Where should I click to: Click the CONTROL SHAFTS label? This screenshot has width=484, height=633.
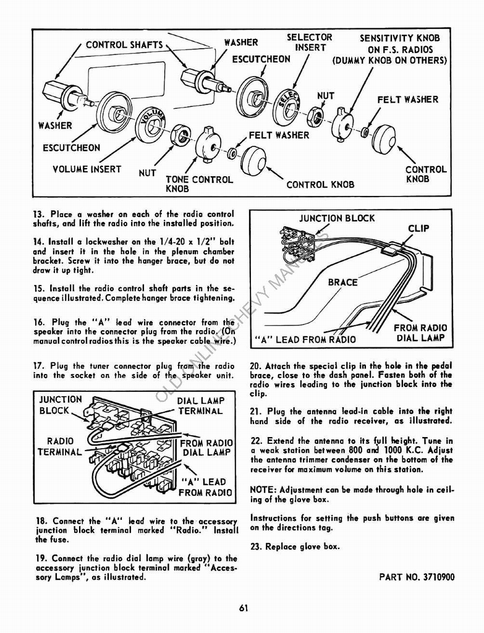tap(124, 45)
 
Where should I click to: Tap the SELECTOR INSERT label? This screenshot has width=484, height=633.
tap(309, 43)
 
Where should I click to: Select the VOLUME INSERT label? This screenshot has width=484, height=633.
tap(87, 169)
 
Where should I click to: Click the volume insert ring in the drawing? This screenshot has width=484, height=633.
tap(150, 124)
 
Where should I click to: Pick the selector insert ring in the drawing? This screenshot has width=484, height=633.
tap(287, 106)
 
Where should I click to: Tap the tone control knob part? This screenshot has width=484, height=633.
tap(208, 146)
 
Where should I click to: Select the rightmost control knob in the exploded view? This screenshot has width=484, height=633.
tap(383, 139)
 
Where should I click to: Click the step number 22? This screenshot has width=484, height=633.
tap(256, 441)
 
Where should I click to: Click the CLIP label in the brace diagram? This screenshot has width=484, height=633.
tap(418, 228)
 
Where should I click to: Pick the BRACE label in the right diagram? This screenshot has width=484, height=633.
tap(342, 283)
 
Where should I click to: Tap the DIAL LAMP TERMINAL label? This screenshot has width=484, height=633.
tap(200, 406)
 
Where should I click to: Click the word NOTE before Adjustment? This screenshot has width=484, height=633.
tap(263, 490)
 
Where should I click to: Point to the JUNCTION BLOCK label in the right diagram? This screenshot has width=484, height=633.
tap(336, 218)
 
